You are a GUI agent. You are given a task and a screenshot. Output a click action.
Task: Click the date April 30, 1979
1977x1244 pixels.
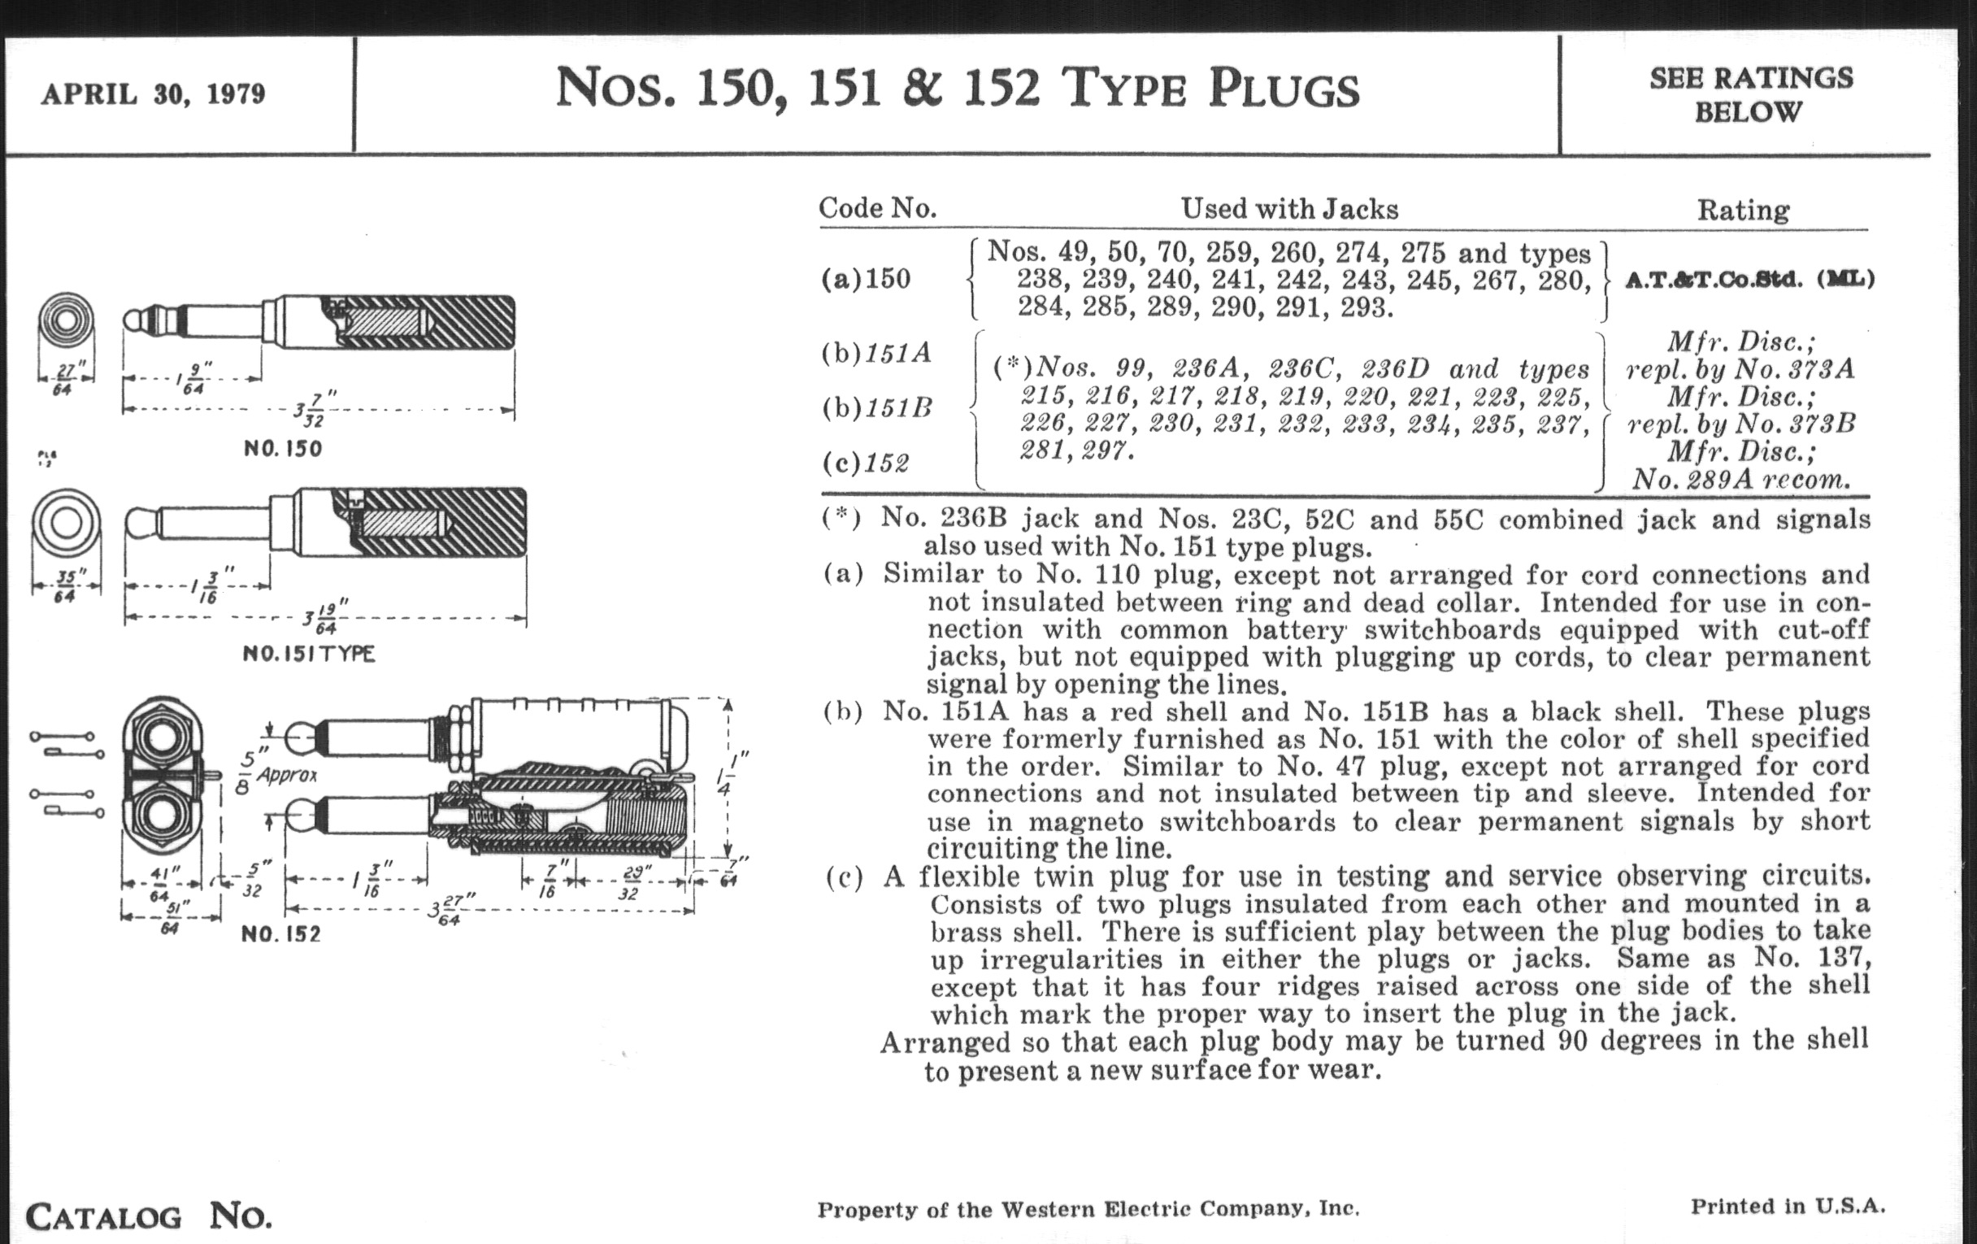point(154,94)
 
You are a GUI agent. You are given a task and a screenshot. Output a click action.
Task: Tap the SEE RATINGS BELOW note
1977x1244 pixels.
point(1750,94)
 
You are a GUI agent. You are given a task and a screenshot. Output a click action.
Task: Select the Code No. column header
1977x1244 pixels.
point(878,208)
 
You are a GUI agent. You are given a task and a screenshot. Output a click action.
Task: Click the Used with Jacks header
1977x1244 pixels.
point(1289,209)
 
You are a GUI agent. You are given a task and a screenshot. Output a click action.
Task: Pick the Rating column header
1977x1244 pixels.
point(1743,211)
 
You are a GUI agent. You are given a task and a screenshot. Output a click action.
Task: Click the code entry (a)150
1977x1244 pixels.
point(867,279)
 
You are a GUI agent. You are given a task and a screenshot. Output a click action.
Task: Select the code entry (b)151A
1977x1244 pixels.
point(877,353)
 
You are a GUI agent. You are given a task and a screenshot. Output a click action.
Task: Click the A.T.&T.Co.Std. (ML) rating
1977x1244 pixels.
point(1749,279)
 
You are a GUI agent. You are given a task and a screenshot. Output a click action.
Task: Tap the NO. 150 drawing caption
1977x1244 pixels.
point(282,449)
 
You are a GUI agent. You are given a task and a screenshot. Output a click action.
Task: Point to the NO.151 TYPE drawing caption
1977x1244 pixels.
point(309,655)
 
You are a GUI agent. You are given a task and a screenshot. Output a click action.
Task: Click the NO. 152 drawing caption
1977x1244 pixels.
point(280,933)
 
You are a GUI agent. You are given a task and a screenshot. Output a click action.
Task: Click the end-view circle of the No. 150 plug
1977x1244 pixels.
point(66,320)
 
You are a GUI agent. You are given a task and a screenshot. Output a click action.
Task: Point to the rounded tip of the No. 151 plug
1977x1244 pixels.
point(140,523)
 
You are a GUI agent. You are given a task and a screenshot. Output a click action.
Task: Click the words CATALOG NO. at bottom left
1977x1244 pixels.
point(149,1216)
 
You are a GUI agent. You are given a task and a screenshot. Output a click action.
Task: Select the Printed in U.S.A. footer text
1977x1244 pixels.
point(1788,1207)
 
